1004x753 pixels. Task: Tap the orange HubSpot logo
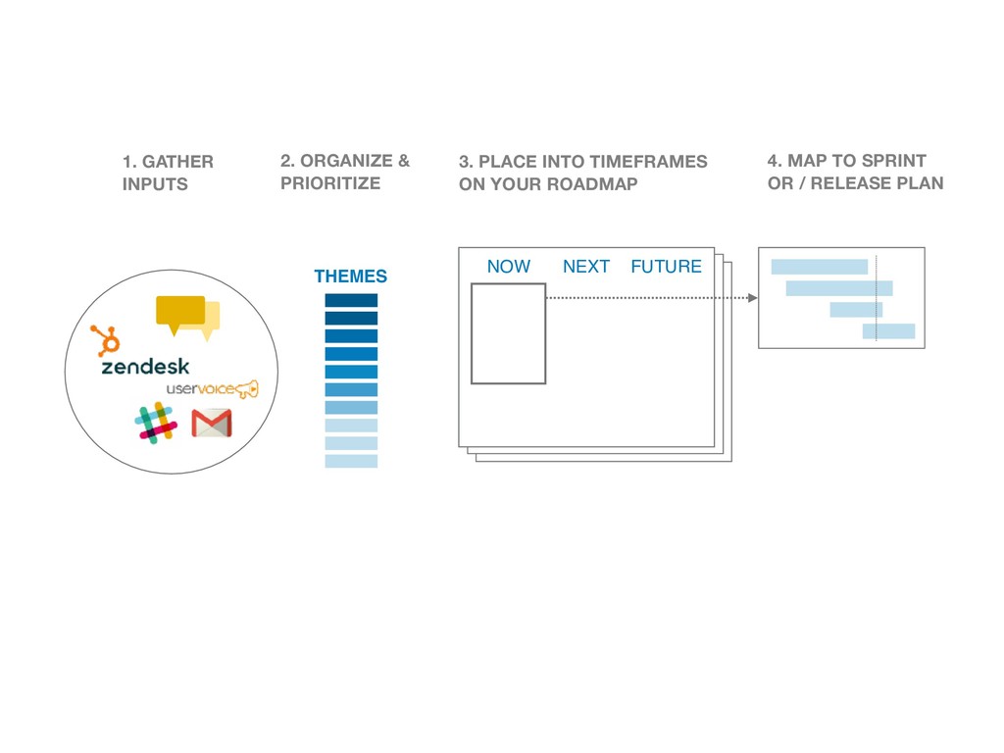click(105, 340)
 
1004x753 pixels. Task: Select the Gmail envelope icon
click(212, 424)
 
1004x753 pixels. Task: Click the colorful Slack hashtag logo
click(156, 422)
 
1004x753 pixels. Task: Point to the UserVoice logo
click(212, 389)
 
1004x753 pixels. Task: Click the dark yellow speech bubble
click(180, 311)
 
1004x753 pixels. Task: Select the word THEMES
click(350, 276)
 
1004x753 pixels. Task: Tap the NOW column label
click(508, 267)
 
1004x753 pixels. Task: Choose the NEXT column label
click(586, 267)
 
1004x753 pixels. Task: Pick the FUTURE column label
click(666, 267)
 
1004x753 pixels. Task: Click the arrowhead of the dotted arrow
click(752, 298)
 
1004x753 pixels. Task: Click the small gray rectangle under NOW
click(508, 333)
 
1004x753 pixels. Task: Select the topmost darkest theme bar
click(351, 300)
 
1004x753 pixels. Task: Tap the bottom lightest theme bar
click(351, 461)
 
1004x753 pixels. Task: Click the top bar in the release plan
click(819, 267)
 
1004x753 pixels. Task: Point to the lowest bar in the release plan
click(888, 331)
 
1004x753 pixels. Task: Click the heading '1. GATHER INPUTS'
click(167, 173)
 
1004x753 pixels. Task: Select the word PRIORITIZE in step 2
click(329, 183)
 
